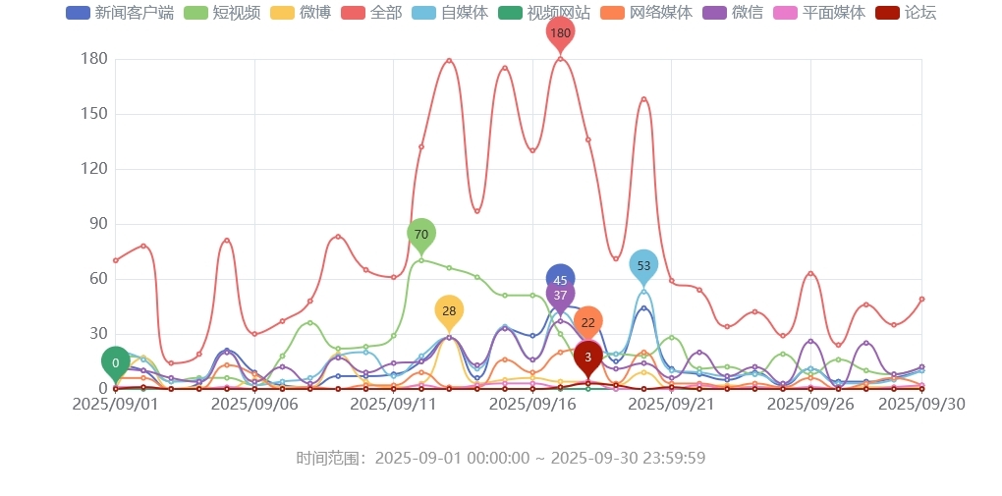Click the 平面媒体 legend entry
point(819,13)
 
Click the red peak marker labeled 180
point(560,33)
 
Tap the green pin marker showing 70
point(421,234)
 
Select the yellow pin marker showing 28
point(449,310)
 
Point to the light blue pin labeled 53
point(643,265)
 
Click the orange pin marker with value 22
point(587,322)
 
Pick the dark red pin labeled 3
point(587,358)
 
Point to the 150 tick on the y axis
point(93,114)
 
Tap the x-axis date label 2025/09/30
point(920,404)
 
